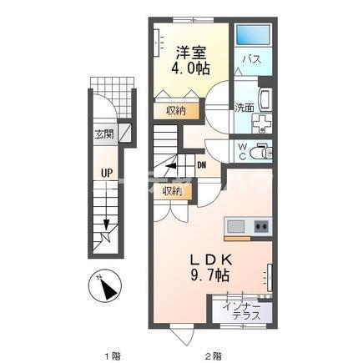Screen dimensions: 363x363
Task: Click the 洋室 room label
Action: coord(191,53)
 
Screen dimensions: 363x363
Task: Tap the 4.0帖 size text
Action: coord(190,68)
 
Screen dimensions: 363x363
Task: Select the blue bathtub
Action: coord(254,34)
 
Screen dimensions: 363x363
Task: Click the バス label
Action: coord(252,59)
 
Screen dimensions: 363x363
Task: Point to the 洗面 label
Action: coord(245,108)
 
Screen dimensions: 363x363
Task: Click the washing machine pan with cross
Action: coord(262,123)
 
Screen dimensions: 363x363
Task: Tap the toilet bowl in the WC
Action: coord(260,153)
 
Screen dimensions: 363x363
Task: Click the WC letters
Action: coord(243,151)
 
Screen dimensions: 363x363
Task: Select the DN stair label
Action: coord(202,165)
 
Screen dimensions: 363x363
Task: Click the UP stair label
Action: coord(107,174)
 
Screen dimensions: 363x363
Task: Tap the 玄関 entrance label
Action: coord(104,134)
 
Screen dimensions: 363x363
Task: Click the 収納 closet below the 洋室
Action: coord(176,111)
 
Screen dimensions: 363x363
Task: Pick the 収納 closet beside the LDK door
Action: coord(173,191)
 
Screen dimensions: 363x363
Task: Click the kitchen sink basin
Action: coord(235,227)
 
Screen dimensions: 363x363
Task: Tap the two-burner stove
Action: coord(262,226)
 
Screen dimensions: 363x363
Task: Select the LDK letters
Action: coord(211,260)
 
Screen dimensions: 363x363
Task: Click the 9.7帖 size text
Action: coord(209,276)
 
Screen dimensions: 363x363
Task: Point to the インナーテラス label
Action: coord(242,311)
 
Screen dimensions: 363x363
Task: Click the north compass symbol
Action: coord(105,286)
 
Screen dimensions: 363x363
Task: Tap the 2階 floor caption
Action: coord(214,355)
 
